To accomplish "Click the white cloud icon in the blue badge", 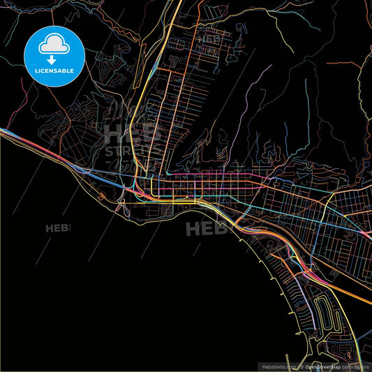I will pyautogui.click(x=54, y=44).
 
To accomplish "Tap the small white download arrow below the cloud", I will pyautogui.click(x=54, y=52).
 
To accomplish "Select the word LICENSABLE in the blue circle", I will pyautogui.click(x=54, y=70).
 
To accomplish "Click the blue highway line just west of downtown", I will pyautogui.click(x=98, y=174).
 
